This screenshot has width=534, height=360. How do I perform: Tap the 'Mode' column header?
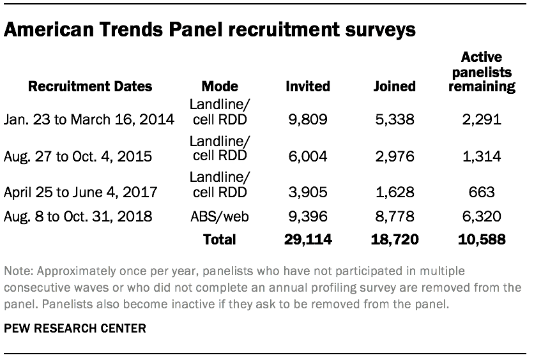point(219,86)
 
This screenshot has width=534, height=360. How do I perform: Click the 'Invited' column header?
point(308,86)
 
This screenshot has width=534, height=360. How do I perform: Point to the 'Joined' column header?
point(395,86)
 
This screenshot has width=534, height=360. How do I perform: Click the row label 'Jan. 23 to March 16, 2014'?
point(89,119)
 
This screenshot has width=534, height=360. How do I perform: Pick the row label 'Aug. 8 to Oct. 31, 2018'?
point(79,216)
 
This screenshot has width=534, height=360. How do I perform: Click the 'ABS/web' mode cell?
point(219,216)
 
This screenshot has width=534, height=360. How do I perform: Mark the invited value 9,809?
point(309,119)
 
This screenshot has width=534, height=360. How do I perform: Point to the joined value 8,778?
point(395,216)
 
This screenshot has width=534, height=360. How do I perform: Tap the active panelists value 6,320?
point(482,216)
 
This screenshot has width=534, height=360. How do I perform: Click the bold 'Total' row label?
point(219,240)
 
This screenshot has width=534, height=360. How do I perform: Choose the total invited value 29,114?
point(307,240)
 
